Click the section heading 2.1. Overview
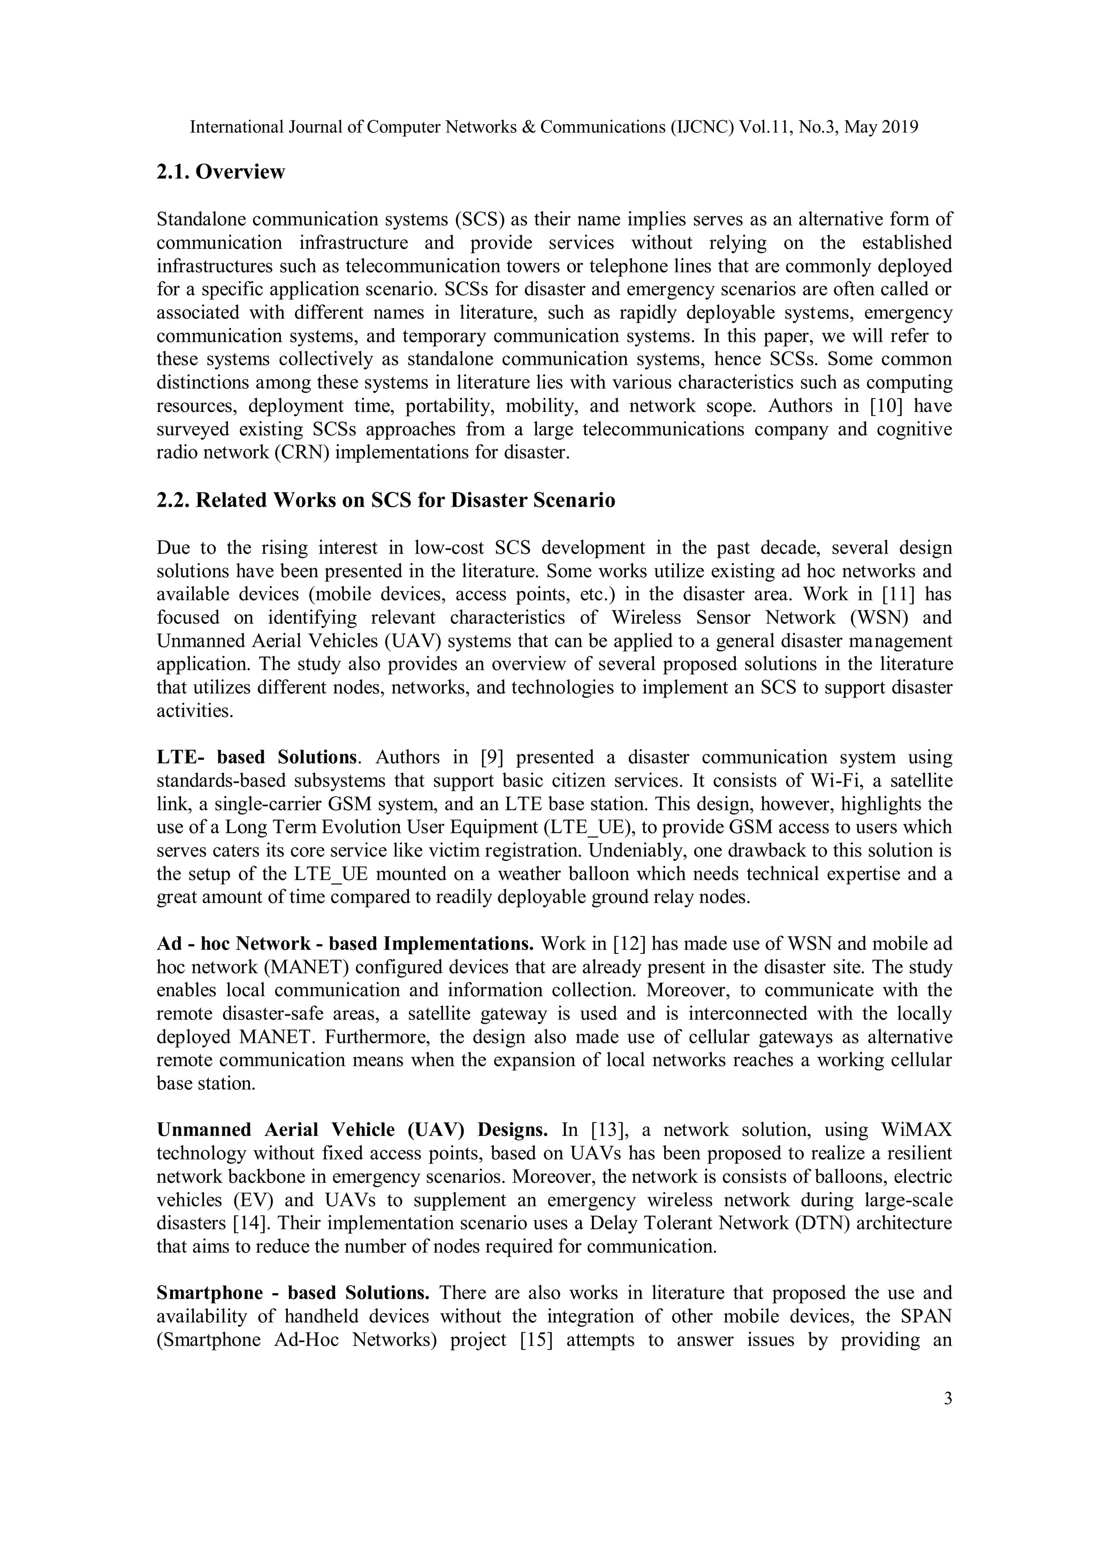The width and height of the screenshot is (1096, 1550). pyautogui.click(x=221, y=172)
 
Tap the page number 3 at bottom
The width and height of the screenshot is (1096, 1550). pyautogui.click(x=947, y=1399)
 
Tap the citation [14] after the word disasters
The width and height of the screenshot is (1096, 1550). pyautogui.click(x=250, y=1223)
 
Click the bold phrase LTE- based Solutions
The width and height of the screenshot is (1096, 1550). pyautogui.click(x=256, y=758)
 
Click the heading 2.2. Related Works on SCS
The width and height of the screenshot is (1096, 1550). pyautogui.click(x=386, y=501)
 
